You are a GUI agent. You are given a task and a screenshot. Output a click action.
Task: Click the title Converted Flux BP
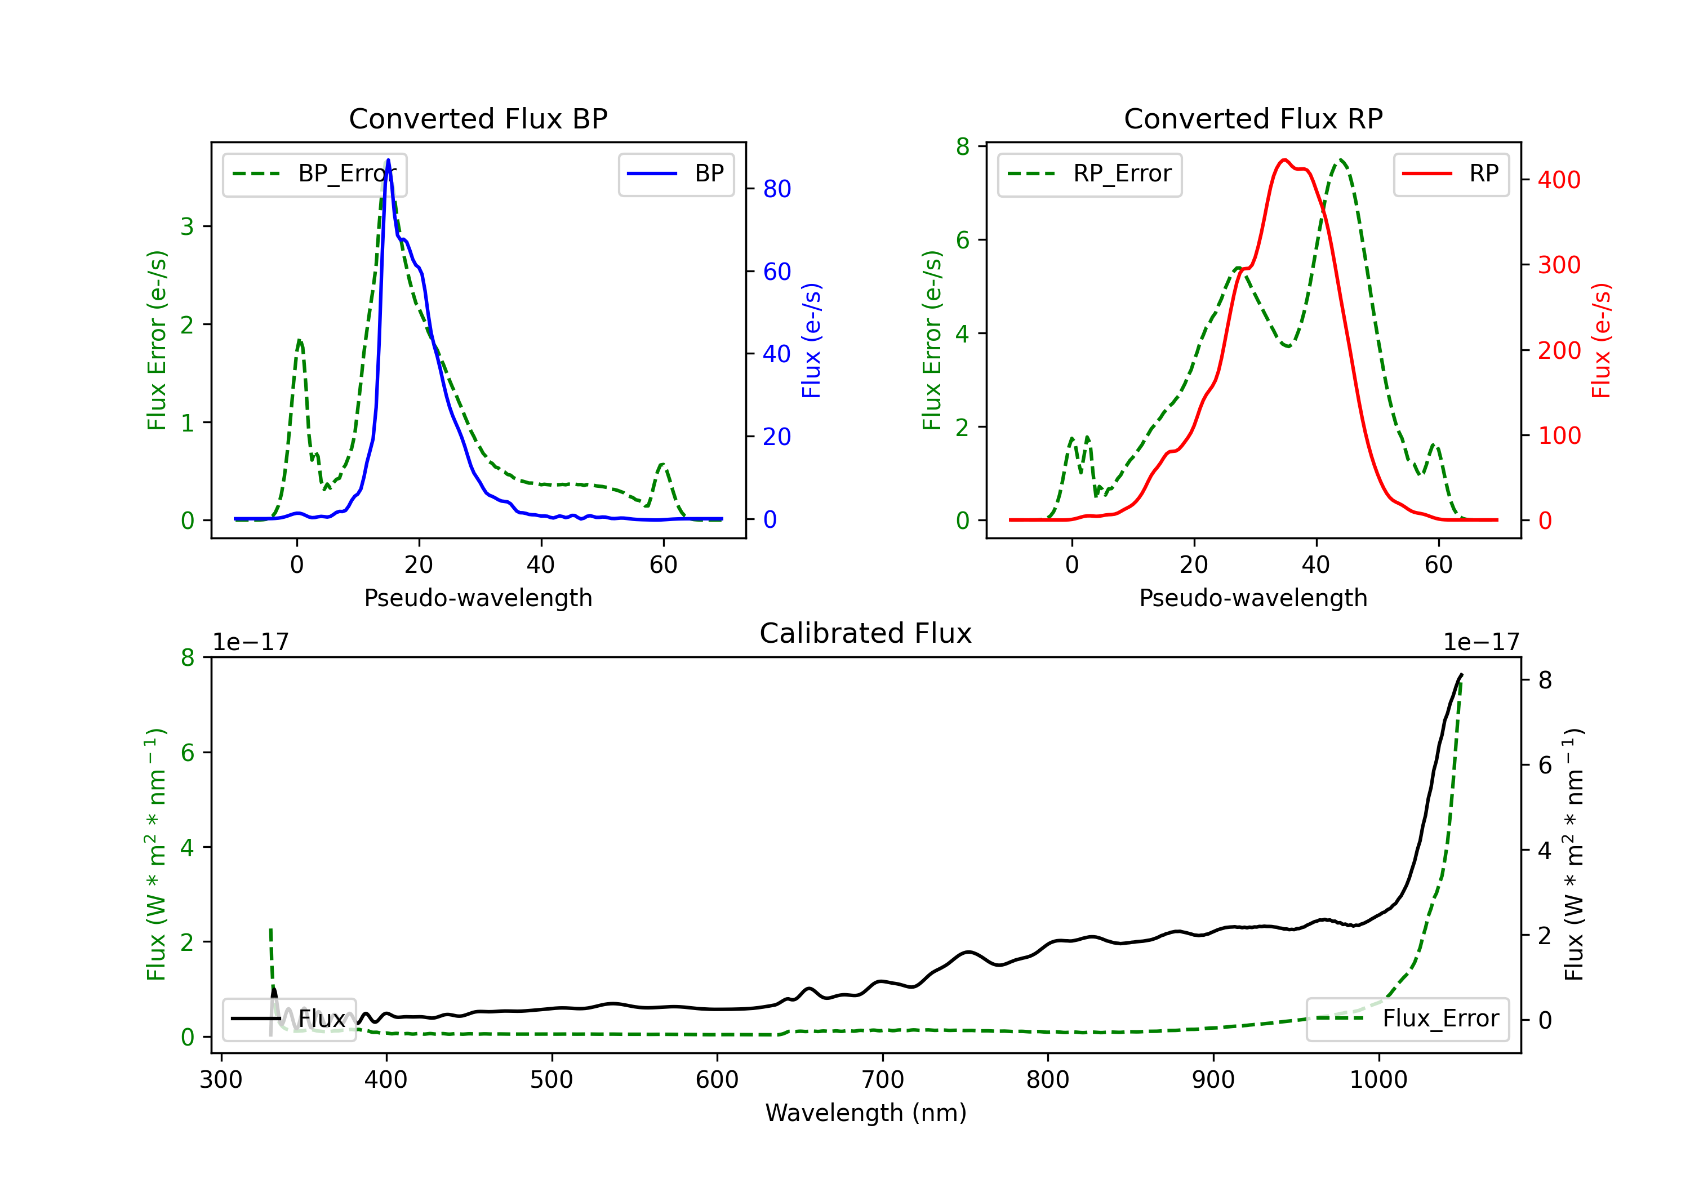pyautogui.click(x=478, y=118)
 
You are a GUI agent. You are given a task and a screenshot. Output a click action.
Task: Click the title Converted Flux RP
pyautogui.click(x=1253, y=118)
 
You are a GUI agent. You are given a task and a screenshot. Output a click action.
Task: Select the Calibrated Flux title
pyautogui.click(x=866, y=633)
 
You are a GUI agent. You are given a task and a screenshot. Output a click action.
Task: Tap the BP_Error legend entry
pyautogui.click(x=314, y=174)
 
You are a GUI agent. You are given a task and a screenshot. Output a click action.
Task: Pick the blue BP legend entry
pyautogui.click(x=675, y=174)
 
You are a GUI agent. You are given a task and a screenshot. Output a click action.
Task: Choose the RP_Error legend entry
pyautogui.click(x=1089, y=174)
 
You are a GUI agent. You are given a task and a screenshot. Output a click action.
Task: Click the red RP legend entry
pyautogui.click(x=1451, y=174)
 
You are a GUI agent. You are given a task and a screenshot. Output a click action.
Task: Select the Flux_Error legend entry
pyautogui.click(x=1407, y=1019)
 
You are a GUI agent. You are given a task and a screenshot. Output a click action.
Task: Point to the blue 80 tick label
pyautogui.click(x=776, y=189)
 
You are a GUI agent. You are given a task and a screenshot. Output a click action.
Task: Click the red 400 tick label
pyautogui.click(x=1559, y=180)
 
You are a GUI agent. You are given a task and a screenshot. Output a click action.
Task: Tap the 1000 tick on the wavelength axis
pyautogui.click(x=1378, y=1080)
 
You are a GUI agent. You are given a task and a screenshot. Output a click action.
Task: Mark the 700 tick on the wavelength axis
pyautogui.click(x=883, y=1080)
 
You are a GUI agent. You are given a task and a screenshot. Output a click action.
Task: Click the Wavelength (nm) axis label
pyautogui.click(x=866, y=1113)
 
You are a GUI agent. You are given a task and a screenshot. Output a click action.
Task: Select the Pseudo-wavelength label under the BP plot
pyautogui.click(x=478, y=598)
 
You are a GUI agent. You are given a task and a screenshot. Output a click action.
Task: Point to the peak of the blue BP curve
pyautogui.click(x=388, y=160)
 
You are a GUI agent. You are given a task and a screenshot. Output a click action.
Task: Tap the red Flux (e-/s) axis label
pyautogui.click(x=1602, y=341)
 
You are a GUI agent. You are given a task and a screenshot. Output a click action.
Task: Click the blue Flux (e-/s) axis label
pyautogui.click(x=811, y=341)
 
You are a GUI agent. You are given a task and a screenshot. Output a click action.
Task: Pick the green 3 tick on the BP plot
pyautogui.click(x=187, y=226)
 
